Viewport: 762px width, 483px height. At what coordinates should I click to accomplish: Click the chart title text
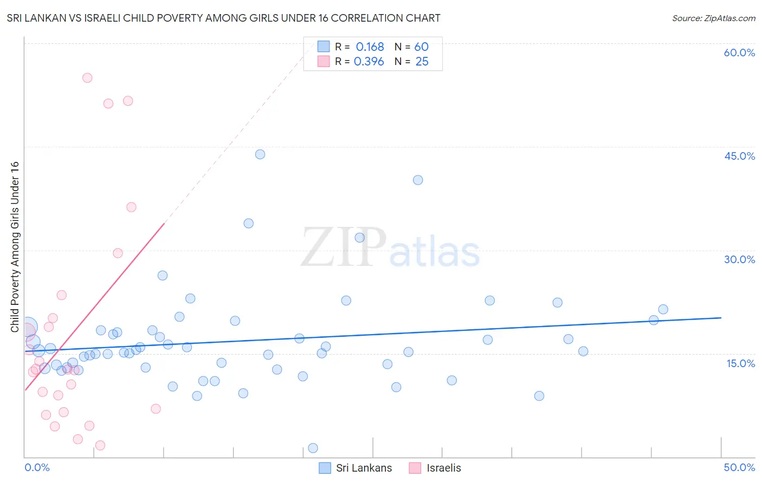tap(223, 18)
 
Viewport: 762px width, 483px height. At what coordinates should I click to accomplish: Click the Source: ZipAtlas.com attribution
tap(713, 18)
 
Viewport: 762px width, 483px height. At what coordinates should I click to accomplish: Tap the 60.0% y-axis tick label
tap(739, 53)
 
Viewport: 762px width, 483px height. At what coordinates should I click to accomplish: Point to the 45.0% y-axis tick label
tap(739, 156)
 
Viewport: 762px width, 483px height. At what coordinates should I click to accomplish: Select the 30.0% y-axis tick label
tap(739, 259)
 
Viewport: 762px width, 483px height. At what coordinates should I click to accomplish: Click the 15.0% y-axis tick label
tap(740, 363)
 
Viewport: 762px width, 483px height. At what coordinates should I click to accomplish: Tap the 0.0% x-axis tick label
tap(37, 467)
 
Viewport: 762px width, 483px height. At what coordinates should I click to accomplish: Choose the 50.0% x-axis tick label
tap(739, 467)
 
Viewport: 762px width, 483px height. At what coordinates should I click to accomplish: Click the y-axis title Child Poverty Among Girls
tap(15, 247)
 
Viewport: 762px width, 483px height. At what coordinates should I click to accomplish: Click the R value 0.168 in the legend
tap(370, 47)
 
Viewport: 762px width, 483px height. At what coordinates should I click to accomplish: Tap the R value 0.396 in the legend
tap(369, 62)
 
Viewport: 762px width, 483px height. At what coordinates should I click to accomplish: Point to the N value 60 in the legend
tap(421, 47)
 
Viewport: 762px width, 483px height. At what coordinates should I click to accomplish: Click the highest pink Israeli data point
tap(87, 78)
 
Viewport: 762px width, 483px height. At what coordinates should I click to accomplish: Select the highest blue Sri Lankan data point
tap(260, 154)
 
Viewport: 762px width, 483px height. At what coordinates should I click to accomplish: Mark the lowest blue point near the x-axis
tap(313, 448)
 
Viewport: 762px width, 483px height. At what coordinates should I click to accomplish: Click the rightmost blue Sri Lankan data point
tap(663, 309)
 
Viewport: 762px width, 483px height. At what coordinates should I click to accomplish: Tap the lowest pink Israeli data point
tap(100, 445)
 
